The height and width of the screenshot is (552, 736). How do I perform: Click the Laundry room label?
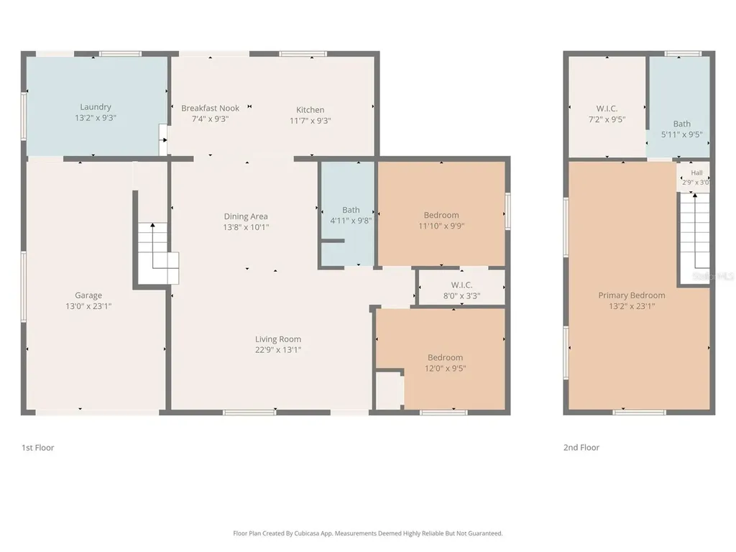(96, 107)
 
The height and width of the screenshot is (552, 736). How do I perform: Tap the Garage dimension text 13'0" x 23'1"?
(88, 306)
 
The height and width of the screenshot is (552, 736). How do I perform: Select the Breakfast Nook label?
(211, 108)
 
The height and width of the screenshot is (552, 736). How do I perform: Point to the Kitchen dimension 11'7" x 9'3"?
(310, 121)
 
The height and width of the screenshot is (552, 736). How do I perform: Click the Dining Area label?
(246, 216)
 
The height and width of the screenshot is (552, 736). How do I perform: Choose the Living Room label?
(278, 339)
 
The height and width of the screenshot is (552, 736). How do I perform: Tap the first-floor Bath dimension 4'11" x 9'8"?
(351, 221)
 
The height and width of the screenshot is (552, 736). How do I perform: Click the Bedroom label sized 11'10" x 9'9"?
(441, 215)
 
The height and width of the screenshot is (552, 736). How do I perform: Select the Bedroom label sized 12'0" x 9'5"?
(445, 357)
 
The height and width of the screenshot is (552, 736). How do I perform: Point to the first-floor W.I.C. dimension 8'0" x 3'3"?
(462, 295)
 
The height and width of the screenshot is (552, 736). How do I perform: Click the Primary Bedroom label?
(632, 295)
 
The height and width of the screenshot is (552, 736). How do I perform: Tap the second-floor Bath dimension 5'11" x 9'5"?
(682, 134)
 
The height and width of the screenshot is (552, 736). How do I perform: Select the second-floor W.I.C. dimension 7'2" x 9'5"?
(607, 119)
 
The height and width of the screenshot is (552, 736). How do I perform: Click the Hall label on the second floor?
(697, 172)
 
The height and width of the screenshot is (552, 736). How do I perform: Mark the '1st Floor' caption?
(38, 448)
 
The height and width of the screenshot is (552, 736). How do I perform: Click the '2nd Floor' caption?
(581, 448)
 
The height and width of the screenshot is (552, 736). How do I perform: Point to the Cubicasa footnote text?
(368, 533)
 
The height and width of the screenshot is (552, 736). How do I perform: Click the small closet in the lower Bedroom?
(390, 391)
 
